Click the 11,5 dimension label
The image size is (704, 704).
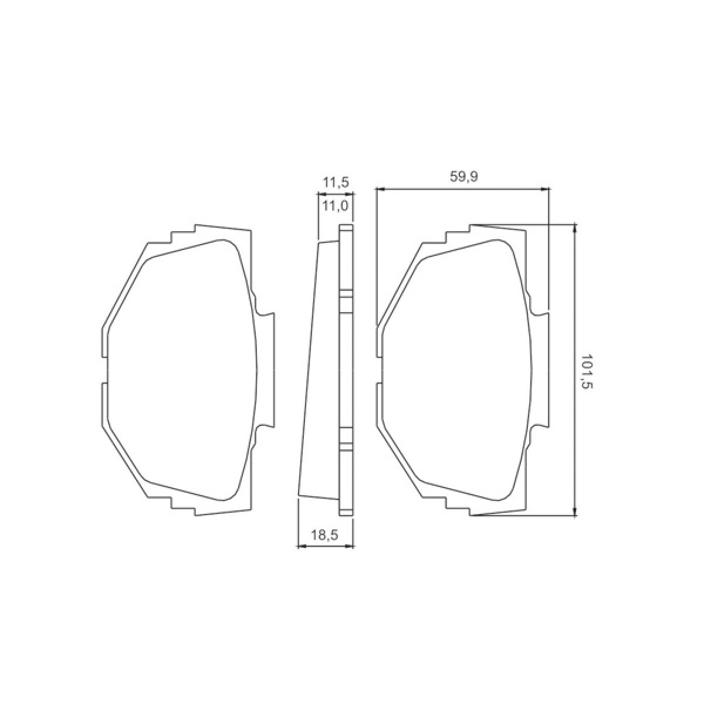tap(336, 181)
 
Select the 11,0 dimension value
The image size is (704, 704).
tap(336, 206)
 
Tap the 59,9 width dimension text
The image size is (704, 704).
tap(463, 177)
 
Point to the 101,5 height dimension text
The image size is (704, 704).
tap(585, 376)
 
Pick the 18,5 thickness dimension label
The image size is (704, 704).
tap(324, 535)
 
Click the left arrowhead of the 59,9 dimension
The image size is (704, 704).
tap(380, 189)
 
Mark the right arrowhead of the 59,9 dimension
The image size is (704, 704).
tap(544, 189)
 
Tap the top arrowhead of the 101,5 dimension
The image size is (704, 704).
tap(576, 228)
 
